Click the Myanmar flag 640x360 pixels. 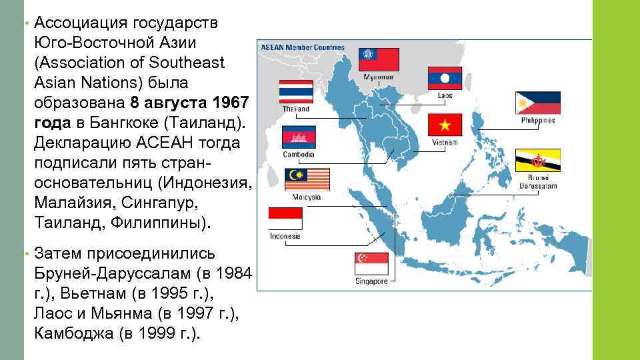click(x=379, y=60)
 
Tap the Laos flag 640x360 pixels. click(x=445, y=78)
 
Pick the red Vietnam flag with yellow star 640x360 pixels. click(x=445, y=125)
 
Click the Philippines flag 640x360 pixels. click(x=538, y=103)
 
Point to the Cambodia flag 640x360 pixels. click(x=299, y=137)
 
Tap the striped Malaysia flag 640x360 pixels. click(x=307, y=179)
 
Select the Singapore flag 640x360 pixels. click(x=371, y=263)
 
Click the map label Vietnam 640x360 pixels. click(x=445, y=142)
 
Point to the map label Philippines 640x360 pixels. click(x=538, y=121)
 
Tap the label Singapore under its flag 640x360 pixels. click(x=371, y=281)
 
